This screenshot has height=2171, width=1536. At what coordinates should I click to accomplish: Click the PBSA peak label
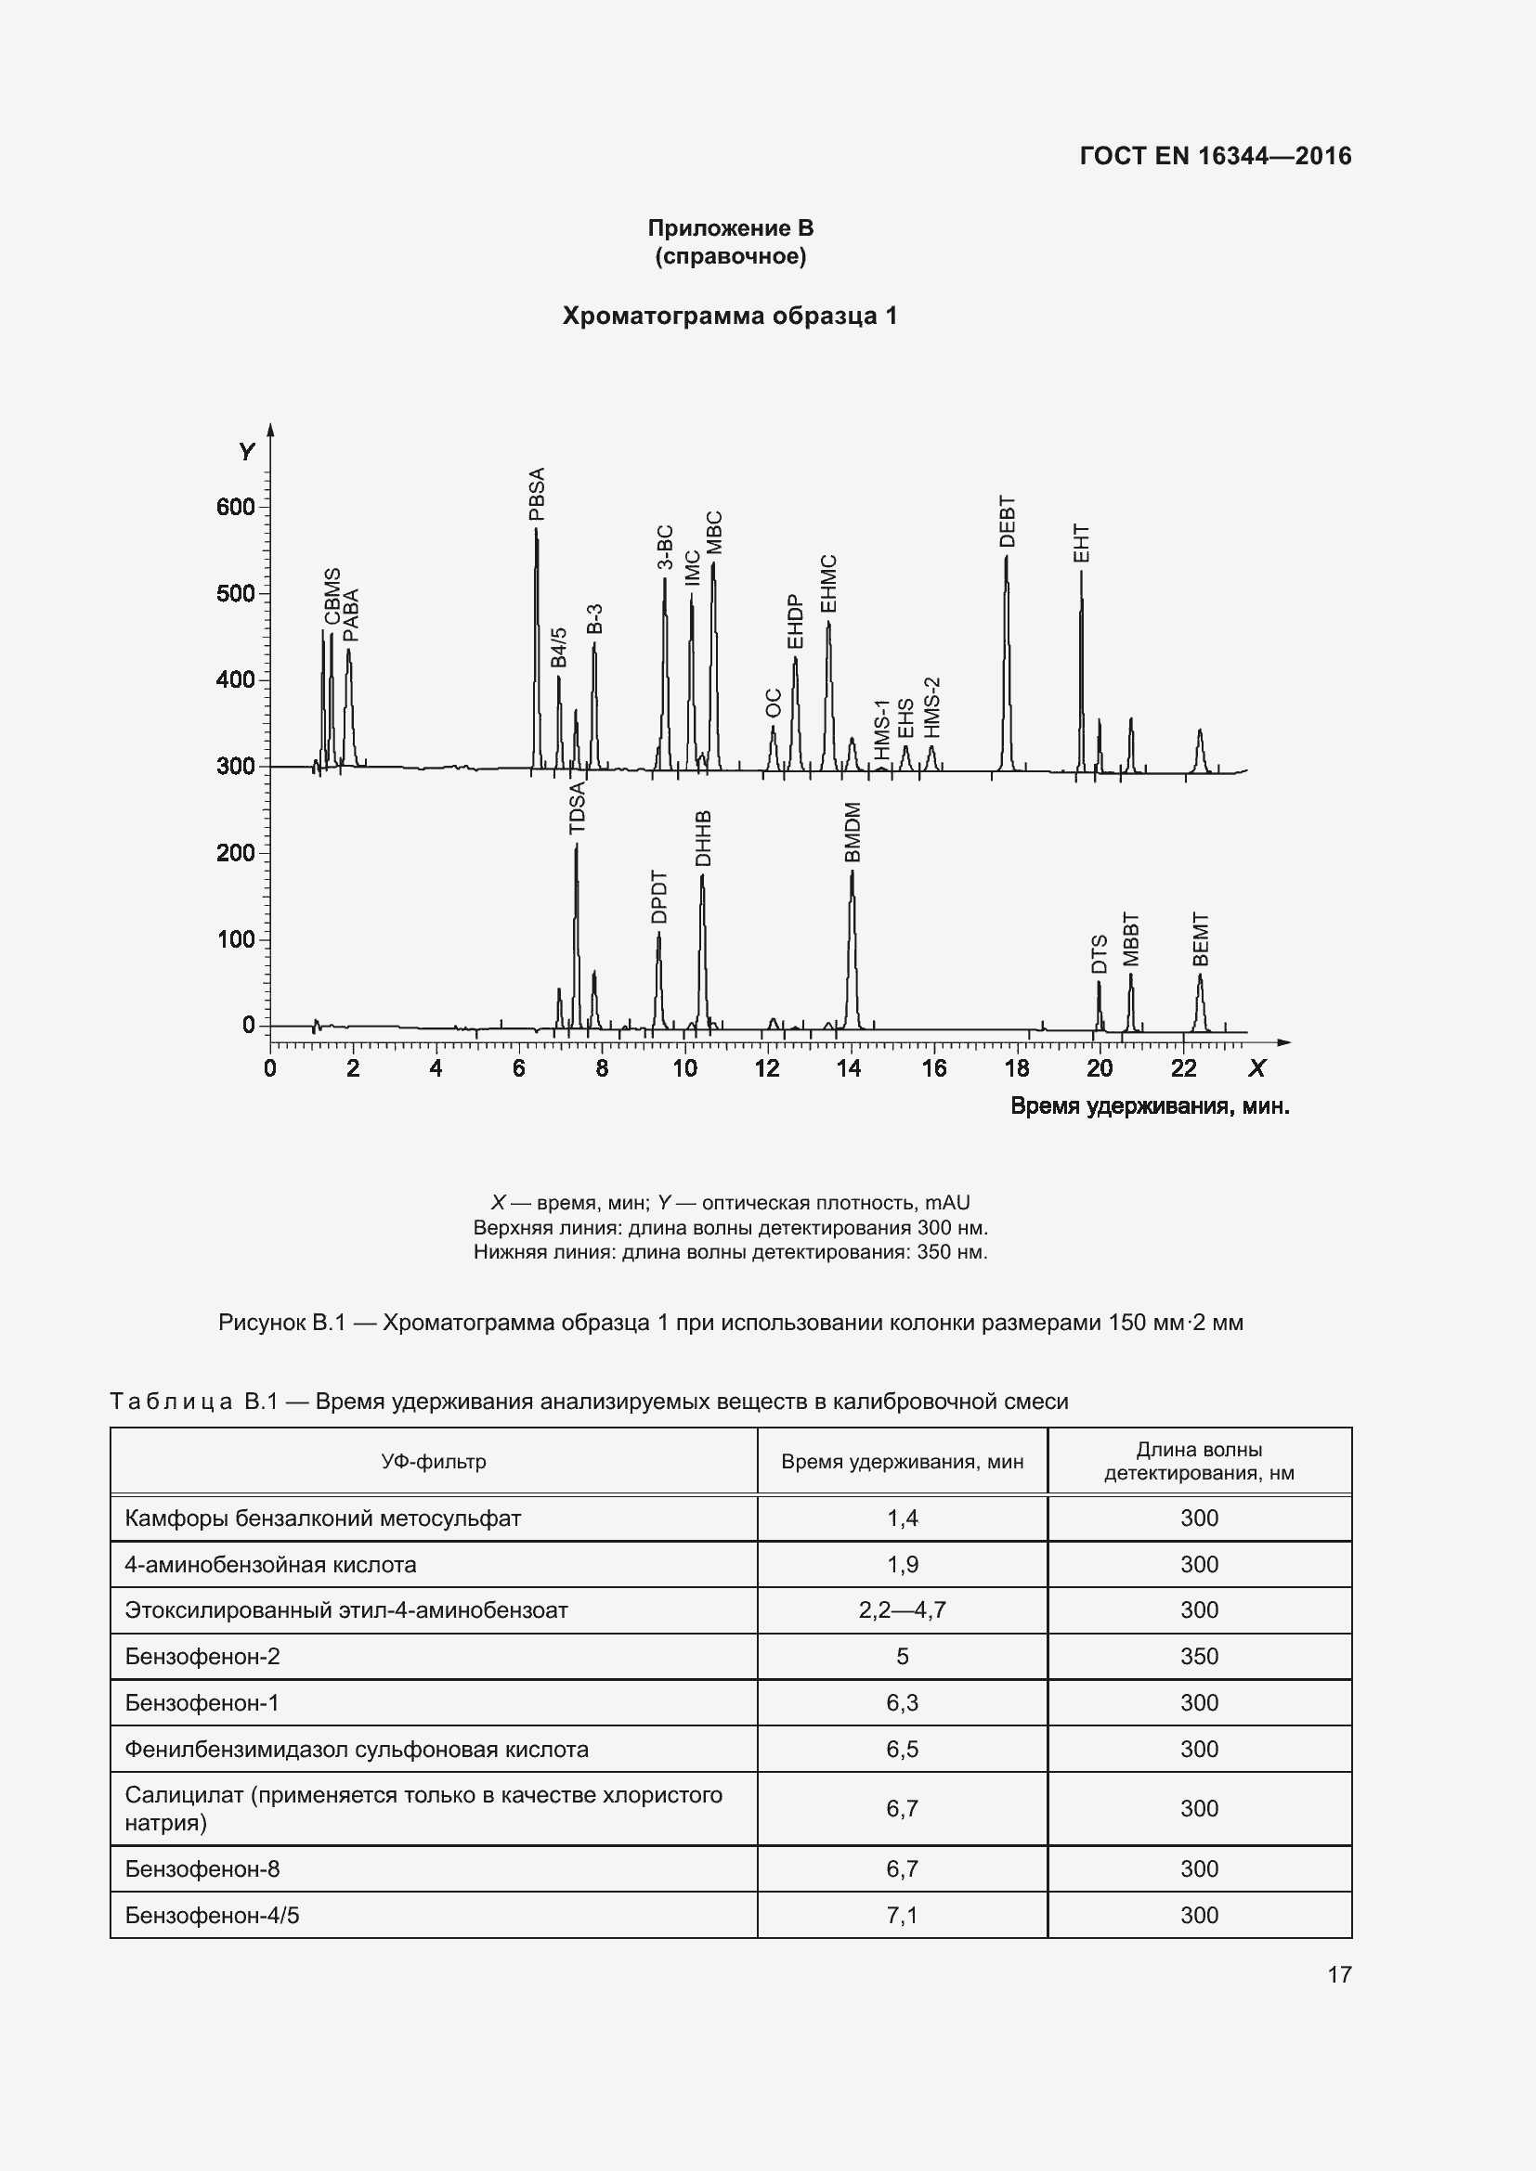click(x=537, y=494)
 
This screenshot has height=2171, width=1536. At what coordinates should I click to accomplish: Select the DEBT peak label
click(x=1008, y=521)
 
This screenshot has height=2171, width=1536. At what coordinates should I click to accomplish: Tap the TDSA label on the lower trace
click(x=577, y=808)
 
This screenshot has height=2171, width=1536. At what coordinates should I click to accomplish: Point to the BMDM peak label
click(x=853, y=833)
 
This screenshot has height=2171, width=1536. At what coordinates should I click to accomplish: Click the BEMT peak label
click(x=1201, y=939)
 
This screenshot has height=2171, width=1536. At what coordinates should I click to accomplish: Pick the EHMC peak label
click(x=828, y=584)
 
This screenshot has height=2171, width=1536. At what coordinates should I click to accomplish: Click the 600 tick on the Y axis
click(x=236, y=507)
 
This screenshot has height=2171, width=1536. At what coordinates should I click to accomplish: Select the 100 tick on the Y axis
click(x=236, y=939)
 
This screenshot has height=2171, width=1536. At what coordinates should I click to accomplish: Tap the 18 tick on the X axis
click(x=1017, y=1069)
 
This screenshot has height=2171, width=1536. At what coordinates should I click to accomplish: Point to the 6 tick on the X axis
click(x=519, y=1069)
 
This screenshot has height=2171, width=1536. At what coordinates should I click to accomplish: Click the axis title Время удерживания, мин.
click(x=1149, y=1106)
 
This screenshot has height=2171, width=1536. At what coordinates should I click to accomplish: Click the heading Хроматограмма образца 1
click(x=729, y=316)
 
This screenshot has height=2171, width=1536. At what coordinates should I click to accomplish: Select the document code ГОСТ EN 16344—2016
click(x=1216, y=156)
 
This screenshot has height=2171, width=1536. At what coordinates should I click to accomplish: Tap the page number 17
click(x=1339, y=1974)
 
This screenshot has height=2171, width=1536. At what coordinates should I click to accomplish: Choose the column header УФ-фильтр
click(x=433, y=1462)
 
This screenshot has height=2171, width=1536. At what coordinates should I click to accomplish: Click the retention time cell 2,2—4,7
click(x=903, y=1610)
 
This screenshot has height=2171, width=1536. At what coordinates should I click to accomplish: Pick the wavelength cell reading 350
click(x=1199, y=1657)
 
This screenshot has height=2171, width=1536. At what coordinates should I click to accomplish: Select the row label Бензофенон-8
click(x=202, y=1869)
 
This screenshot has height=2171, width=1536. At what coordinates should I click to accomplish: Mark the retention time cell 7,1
click(x=903, y=1916)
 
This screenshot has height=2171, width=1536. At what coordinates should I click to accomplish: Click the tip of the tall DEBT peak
click(x=1007, y=557)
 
